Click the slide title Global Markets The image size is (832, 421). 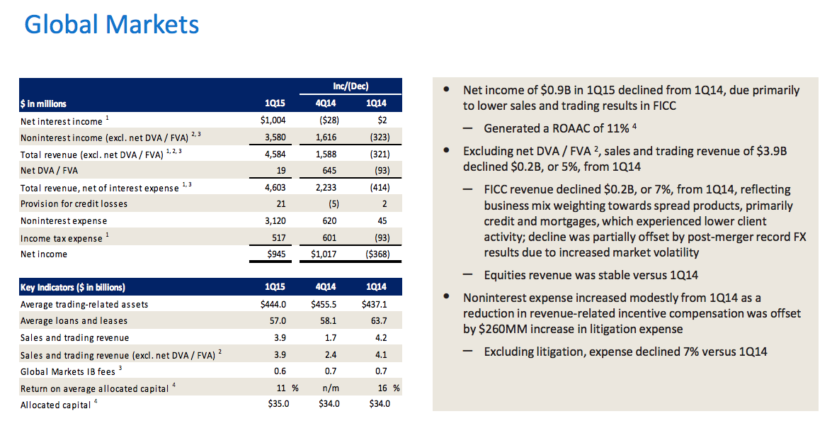(111, 25)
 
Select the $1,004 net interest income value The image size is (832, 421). (272, 120)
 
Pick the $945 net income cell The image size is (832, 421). (275, 254)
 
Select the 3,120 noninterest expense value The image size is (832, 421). (273, 220)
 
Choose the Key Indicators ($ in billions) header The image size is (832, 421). (72, 287)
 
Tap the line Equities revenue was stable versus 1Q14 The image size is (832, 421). (587, 274)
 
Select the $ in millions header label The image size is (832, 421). (44, 103)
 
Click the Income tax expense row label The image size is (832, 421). (62, 238)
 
